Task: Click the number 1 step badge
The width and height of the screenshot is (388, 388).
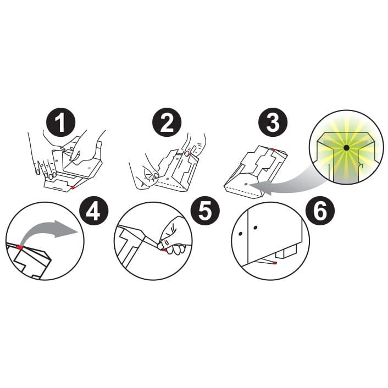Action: (60, 123)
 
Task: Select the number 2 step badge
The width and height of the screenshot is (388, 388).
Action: (167, 123)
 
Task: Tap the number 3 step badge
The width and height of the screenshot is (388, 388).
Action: (273, 123)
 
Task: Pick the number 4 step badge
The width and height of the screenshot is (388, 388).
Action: (93, 210)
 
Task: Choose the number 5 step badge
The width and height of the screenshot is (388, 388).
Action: (206, 210)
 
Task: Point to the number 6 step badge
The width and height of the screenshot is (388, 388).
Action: (320, 210)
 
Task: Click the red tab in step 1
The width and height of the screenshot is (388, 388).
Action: (73, 188)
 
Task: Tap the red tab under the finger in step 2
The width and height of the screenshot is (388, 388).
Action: (190, 154)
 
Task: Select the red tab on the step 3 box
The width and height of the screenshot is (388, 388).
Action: (273, 149)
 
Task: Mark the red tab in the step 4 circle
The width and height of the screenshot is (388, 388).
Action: (19, 247)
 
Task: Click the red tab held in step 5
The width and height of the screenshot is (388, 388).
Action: (164, 251)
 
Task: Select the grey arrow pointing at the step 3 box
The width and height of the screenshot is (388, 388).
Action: (285, 182)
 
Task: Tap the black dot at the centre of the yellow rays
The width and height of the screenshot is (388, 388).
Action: (346, 148)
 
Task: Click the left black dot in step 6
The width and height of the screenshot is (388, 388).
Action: (240, 234)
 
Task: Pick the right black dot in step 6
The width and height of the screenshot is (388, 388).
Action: (256, 228)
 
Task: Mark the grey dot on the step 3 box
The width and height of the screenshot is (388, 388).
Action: (246, 184)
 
